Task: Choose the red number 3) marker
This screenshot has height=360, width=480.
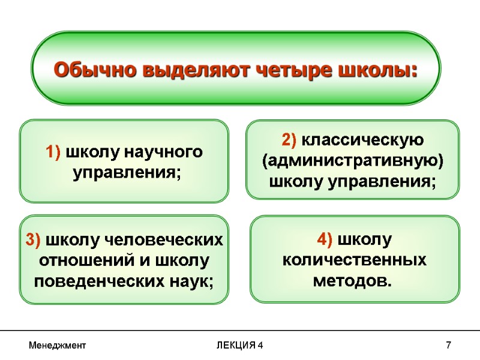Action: pyautogui.click(x=34, y=241)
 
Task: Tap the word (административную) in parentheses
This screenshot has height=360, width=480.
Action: pyautogui.click(x=353, y=161)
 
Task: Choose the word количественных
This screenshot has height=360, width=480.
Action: pyautogui.click(x=354, y=260)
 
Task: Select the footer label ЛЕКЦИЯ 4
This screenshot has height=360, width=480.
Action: pyautogui.click(x=239, y=346)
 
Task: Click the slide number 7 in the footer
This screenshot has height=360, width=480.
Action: pyautogui.click(x=448, y=346)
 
